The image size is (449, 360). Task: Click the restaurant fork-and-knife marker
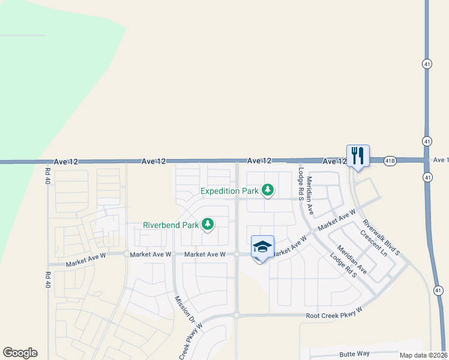tap(358, 155)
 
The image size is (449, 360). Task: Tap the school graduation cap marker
tap(262, 247)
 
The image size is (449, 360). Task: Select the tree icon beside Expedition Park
tap(268, 191)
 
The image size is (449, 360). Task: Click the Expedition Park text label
tap(230, 191)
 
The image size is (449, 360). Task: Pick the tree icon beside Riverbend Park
tap(208, 225)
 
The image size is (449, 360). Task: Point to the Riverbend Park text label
tap(170, 226)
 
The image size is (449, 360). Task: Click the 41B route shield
tap(390, 161)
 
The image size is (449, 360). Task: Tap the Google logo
tap(20, 353)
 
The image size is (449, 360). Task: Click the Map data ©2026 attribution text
tap(424, 355)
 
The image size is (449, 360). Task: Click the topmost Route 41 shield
tap(426, 64)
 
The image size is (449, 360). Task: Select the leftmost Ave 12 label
tap(66, 161)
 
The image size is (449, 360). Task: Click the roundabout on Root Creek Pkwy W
tap(237, 314)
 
